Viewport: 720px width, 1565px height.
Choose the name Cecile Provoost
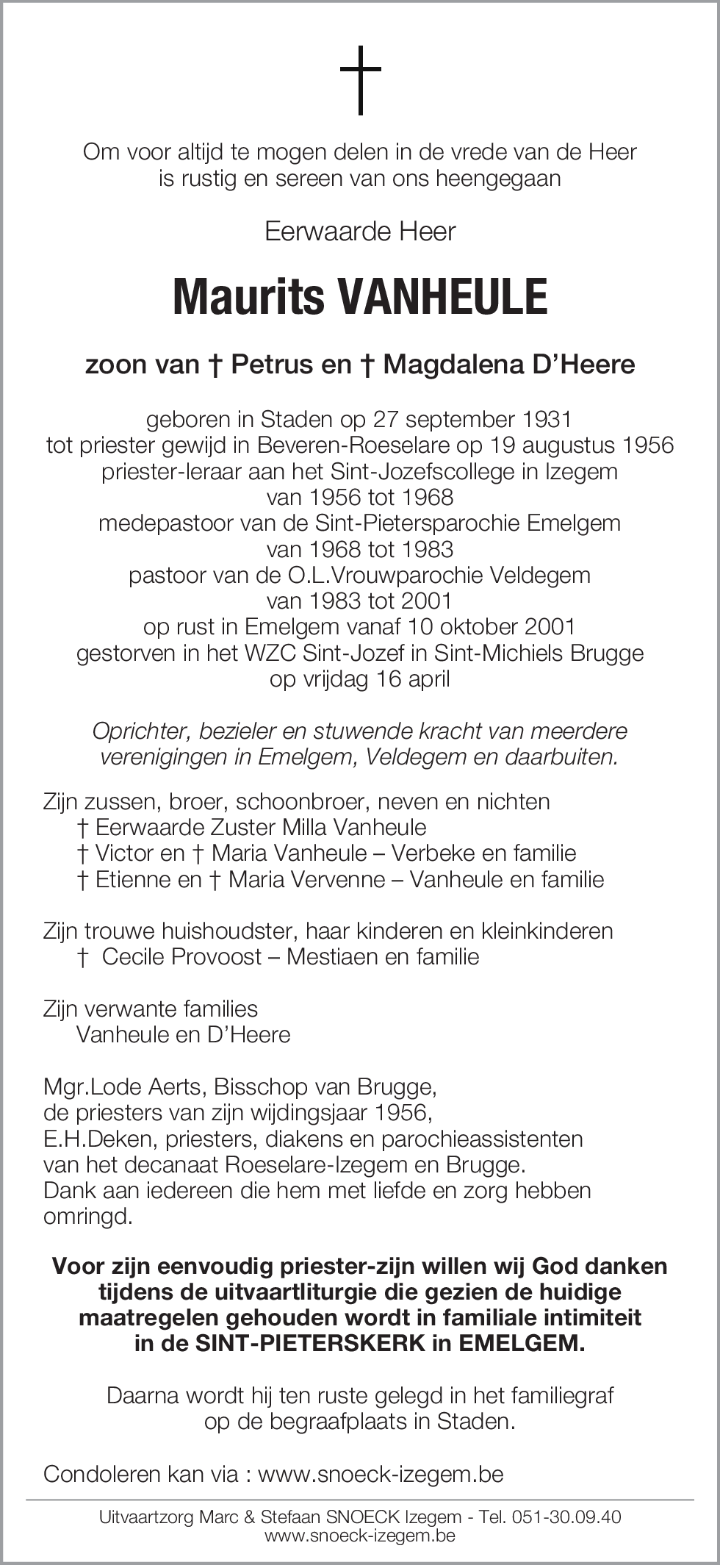coord(181,956)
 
